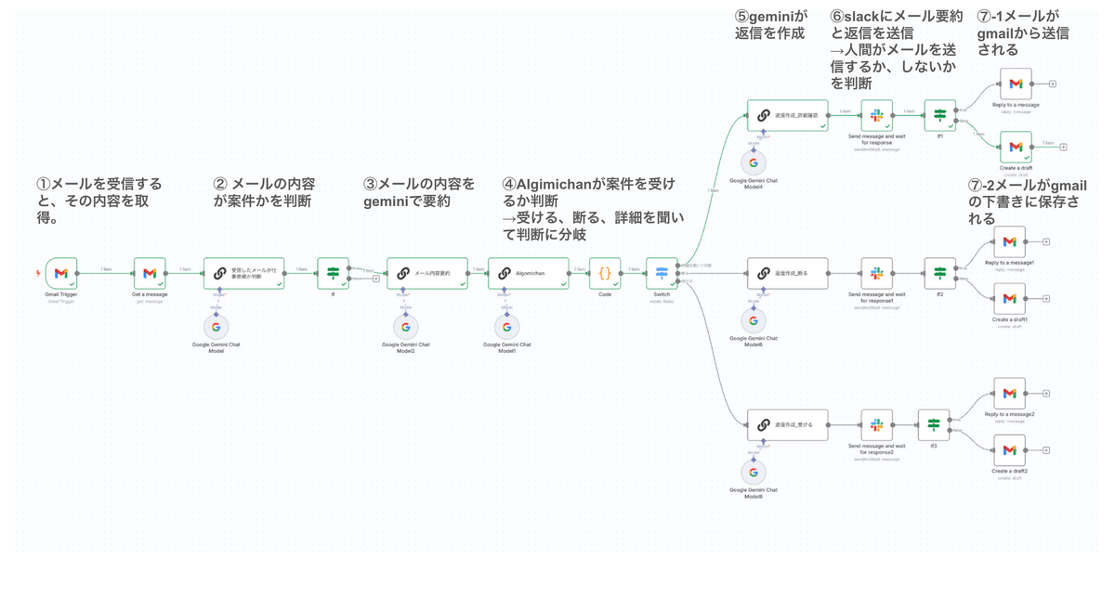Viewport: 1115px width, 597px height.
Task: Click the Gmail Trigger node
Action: pyautogui.click(x=61, y=273)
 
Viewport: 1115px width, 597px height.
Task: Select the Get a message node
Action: pyautogui.click(x=150, y=273)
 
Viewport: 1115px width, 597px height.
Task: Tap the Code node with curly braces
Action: pyautogui.click(x=604, y=273)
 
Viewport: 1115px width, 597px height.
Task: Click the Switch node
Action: pyautogui.click(x=662, y=273)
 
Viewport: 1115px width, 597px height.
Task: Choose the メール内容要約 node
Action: pyautogui.click(x=426, y=273)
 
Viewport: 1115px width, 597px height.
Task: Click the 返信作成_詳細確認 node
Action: pyautogui.click(x=787, y=116)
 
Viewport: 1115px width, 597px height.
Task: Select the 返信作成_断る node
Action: pyautogui.click(x=787, y=273)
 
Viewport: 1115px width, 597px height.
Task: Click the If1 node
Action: pyautogui.click(x=939, y=115)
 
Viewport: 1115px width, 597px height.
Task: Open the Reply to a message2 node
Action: pyautogui.click(x=1009, y=394)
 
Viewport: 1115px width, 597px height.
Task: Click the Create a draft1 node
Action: pyautogui.click(x=1009, y=299)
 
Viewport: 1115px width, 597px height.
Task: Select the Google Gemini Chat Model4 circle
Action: pyautogui.click(x=754, y=162)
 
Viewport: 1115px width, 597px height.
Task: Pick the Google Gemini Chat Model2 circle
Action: pyautogui.click(x=404, y=327)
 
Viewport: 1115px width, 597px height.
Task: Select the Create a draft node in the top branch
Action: pyautogui.click(x=1016, y=147)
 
